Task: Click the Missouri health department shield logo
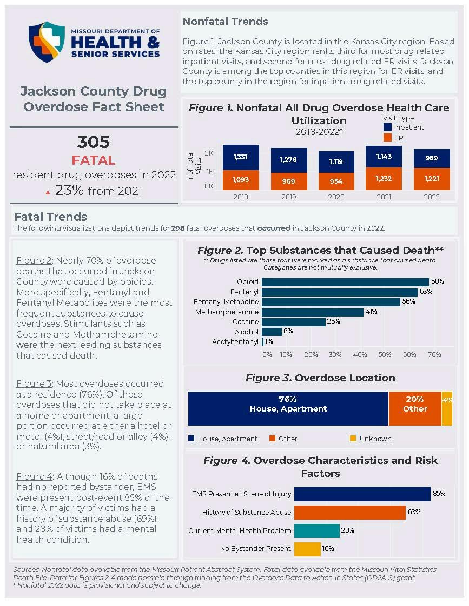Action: coord(47,42)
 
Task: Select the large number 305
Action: coord(93,142)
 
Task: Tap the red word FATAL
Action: coord(93,160)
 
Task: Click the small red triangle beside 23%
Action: coord(48,192)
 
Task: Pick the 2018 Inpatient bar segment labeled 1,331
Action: coord(241,157)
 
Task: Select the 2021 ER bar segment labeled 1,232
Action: coord(384,179)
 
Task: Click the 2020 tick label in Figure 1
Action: coord(336,197)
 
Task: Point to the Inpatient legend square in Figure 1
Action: coord(387,127)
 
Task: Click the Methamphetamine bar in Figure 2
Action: coord(313,312)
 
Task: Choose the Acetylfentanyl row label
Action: coord(235,342)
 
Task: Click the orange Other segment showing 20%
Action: coord(415,408)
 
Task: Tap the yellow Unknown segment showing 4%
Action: coord(447,408)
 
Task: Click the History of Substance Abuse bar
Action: coord(349,512)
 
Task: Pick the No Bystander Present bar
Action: coord(307,549)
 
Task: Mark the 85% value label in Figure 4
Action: coord(439,494)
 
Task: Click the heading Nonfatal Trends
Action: coord(225,22)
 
